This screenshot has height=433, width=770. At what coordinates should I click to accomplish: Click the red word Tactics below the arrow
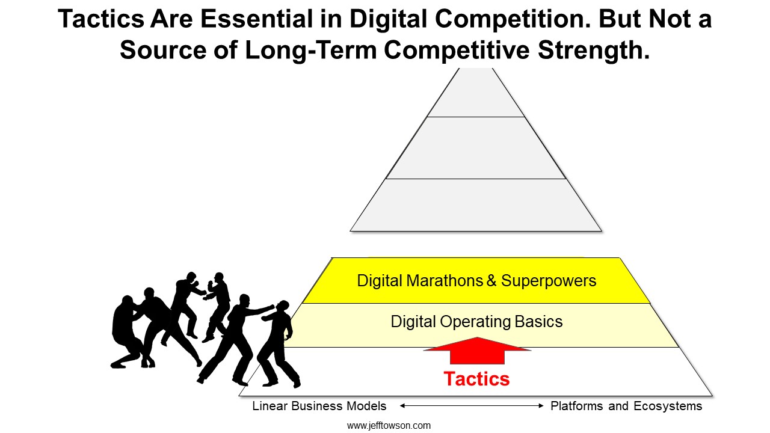click(x=476, y=379)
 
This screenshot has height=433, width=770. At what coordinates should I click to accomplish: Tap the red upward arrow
click(x=477, y=351)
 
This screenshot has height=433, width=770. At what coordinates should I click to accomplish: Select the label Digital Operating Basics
click(x=477, y=322)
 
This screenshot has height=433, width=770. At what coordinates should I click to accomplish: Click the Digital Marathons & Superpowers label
click(x=476, y=281)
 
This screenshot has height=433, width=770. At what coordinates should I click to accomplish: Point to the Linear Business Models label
click(x=319, y=406)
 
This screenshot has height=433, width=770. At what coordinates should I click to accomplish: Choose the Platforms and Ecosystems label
click(x=626, y=406)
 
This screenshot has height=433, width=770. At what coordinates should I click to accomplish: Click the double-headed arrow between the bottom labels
click(x=472, y=406)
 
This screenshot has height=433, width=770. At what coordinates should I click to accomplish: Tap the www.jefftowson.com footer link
click(x=389, y=426)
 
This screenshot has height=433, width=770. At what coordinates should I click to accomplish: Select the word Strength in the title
click(x=594, y=51)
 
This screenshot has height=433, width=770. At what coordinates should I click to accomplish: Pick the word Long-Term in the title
click(x=311, y=51)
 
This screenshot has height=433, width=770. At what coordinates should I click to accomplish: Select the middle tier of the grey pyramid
click(x=476, y=148)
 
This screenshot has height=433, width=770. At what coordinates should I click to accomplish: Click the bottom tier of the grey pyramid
click(x=476, y=205)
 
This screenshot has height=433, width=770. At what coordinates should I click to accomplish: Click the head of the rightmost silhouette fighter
click(x=283, y=307)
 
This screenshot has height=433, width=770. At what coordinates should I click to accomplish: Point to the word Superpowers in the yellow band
click(x=549, y=281)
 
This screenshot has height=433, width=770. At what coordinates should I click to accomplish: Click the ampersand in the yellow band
click(x=491, y=281)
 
